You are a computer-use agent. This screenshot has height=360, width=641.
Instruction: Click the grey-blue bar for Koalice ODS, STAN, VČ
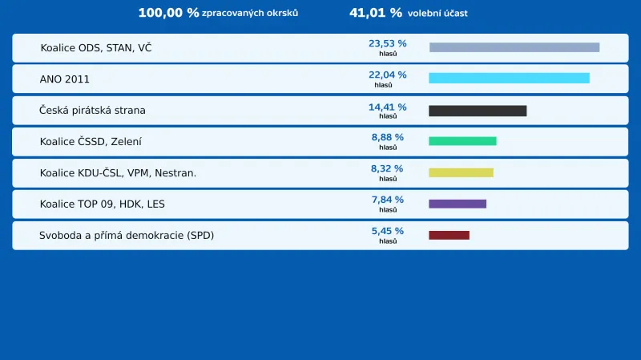[x=514, y=47]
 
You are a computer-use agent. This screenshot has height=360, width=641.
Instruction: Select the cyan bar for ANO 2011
[x=509, y=79]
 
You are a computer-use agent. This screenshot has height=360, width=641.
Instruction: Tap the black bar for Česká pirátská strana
[x=478, y=111]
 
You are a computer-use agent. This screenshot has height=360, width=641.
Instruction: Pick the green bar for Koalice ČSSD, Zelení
[x=462, y=141]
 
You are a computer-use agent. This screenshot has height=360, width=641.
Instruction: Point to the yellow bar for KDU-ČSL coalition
[x=461, y=172]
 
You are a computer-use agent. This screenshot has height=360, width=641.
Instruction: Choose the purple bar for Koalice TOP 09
[x=458, y=204]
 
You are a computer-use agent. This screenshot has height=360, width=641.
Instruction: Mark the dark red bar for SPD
[x=449, y=235]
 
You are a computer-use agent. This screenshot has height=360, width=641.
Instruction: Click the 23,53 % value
[x=388, y=43]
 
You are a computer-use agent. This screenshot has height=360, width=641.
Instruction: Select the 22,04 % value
[x=388, y=75]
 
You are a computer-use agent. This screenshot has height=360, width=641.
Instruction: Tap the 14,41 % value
[x=388, y=107]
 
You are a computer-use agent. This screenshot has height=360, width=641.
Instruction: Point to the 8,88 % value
[x=388, y=137]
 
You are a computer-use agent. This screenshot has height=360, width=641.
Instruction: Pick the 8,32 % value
[x=388, y=168]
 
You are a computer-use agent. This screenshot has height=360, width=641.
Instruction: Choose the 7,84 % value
[x=388, y=200]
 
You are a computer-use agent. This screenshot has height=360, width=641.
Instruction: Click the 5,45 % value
[x=388, y=231]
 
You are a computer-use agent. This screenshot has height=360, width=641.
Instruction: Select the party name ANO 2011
[x=65, y=79]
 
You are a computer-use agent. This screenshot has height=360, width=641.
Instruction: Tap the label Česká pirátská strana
[x=93, y=111]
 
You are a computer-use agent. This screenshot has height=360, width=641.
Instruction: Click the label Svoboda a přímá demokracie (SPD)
[x=127, y=236]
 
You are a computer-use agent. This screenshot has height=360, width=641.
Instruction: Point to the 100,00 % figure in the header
[x=168, y=13]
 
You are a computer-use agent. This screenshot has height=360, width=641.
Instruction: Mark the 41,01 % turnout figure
[x=376, y=13]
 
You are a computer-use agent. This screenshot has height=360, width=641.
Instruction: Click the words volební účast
[x=437, y=14]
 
